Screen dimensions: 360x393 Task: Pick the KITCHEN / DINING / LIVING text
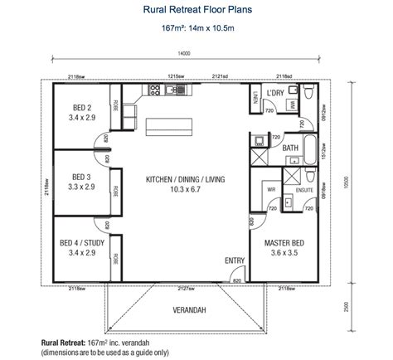186,184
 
